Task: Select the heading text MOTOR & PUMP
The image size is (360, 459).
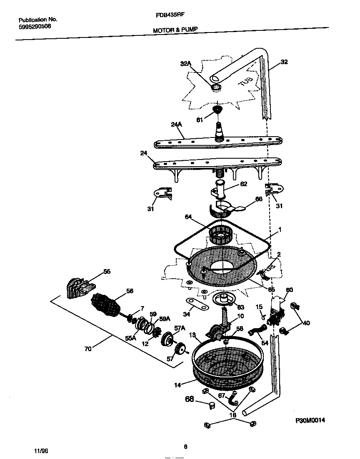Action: point(175,30)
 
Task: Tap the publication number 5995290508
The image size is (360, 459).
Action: point(35,26)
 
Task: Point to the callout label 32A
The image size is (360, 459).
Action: point(185,64)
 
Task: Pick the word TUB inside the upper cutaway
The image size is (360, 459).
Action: point(245,81)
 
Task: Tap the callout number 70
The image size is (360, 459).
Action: point(87,349)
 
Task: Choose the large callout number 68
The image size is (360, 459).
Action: point(190,399)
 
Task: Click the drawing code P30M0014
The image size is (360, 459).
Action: point(310,420)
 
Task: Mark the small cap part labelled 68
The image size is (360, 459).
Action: point(213,405)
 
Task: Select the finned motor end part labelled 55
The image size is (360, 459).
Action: point(79,288)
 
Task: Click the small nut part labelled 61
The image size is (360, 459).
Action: point(216,110)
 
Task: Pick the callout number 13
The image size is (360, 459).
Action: point(192,335)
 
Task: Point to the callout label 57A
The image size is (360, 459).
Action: point(180,328)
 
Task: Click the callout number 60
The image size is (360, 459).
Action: point(289,290)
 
